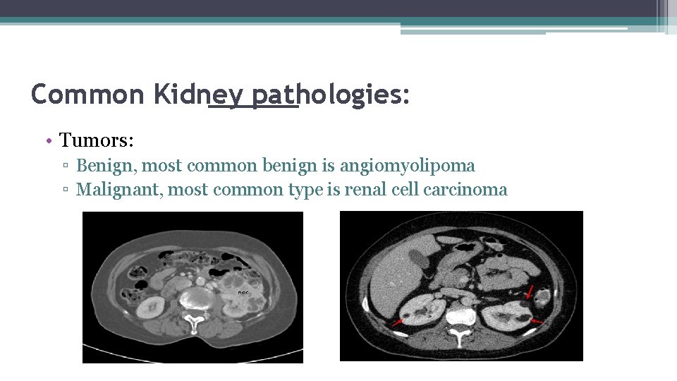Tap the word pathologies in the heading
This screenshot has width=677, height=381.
[x=310, y=94]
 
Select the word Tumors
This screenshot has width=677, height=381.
[x=95, y=140]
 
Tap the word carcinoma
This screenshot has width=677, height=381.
[x=465, y=189]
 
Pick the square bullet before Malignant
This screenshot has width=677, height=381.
[x=65, y=190]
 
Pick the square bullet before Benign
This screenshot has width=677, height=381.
[x=65, y=167]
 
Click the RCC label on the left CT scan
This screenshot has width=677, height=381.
[x=242, y=291]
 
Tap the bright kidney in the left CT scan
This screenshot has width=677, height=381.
[x=152, y=308]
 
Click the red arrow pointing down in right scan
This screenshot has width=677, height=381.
[x=530, y=291]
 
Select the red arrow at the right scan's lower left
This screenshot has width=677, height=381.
[x=398, y=322]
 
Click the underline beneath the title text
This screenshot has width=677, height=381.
[x=254, y=108]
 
